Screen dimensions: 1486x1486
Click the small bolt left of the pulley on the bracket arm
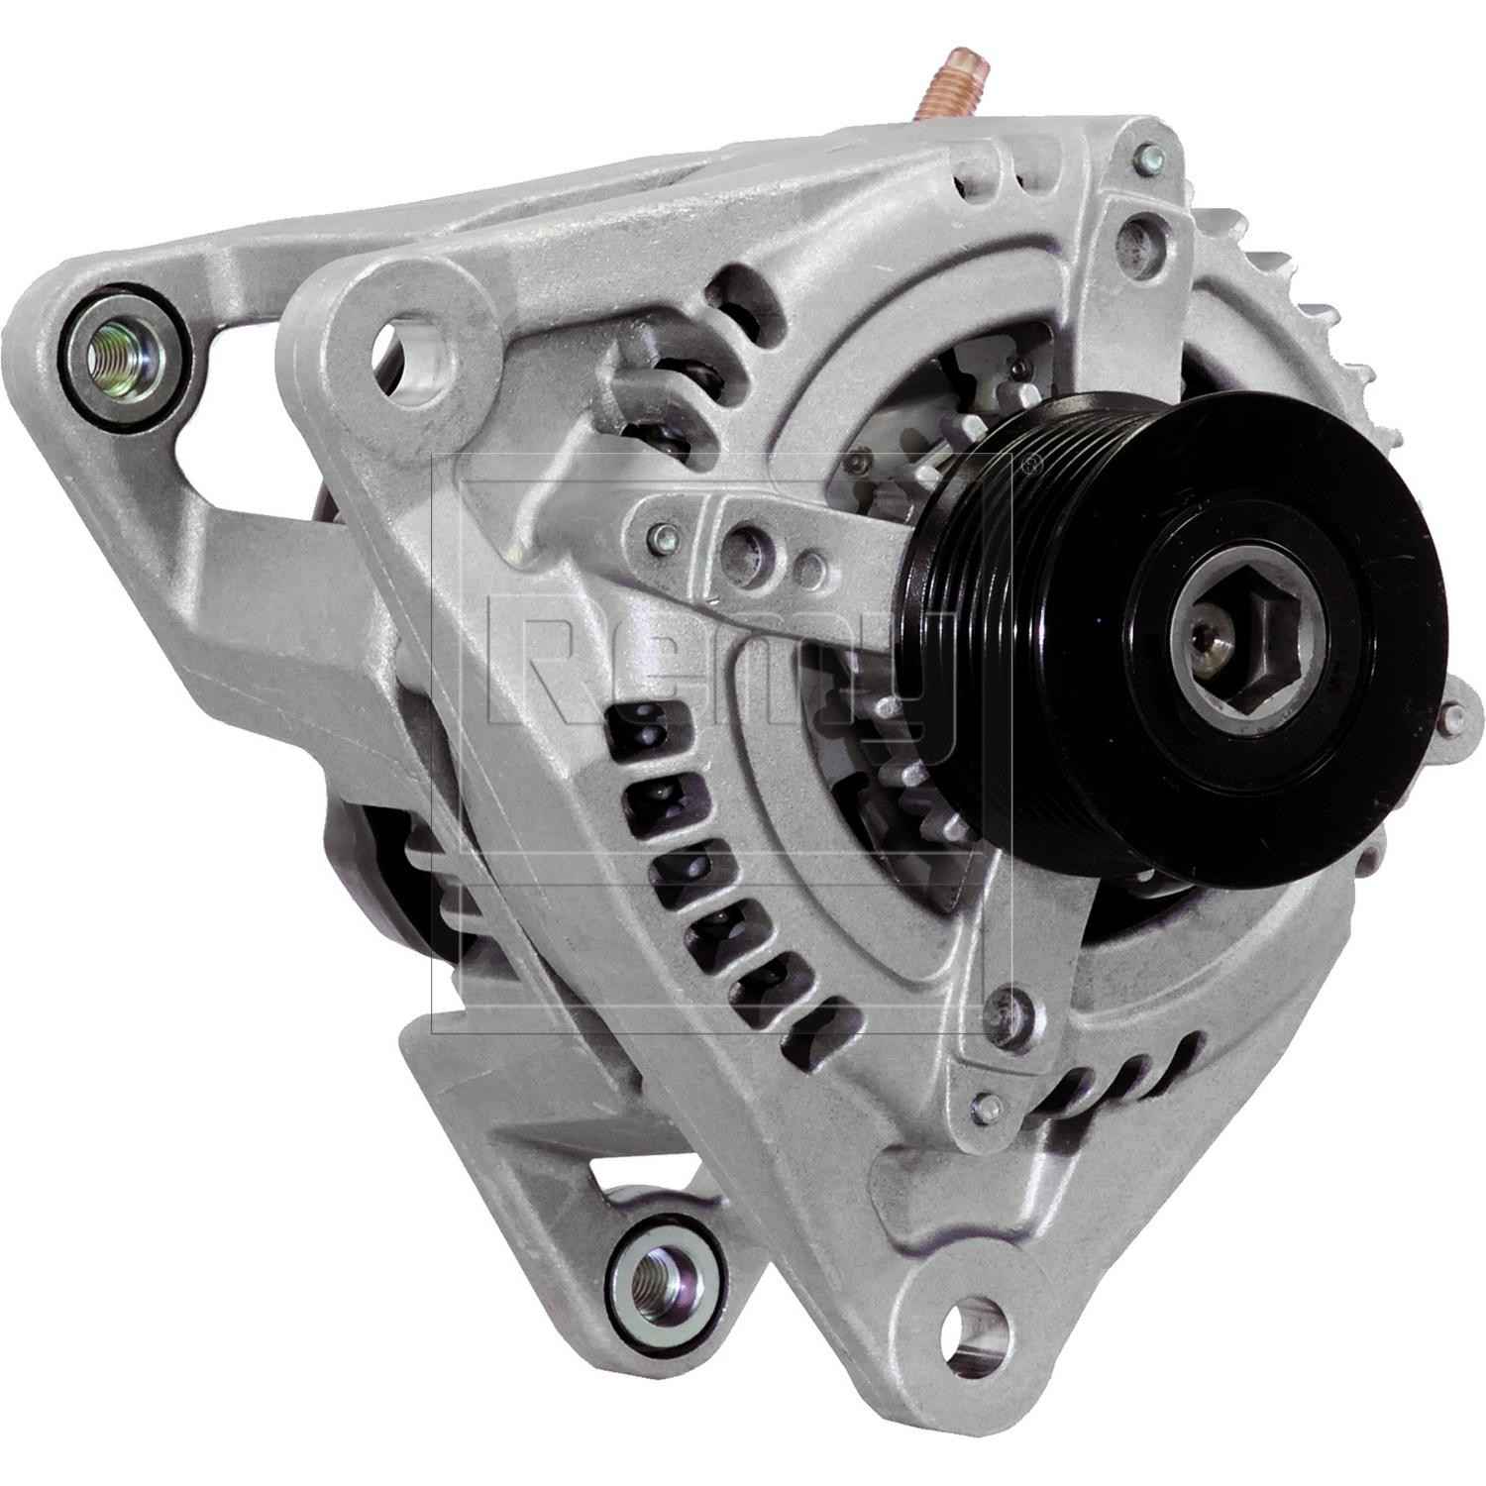655,539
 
